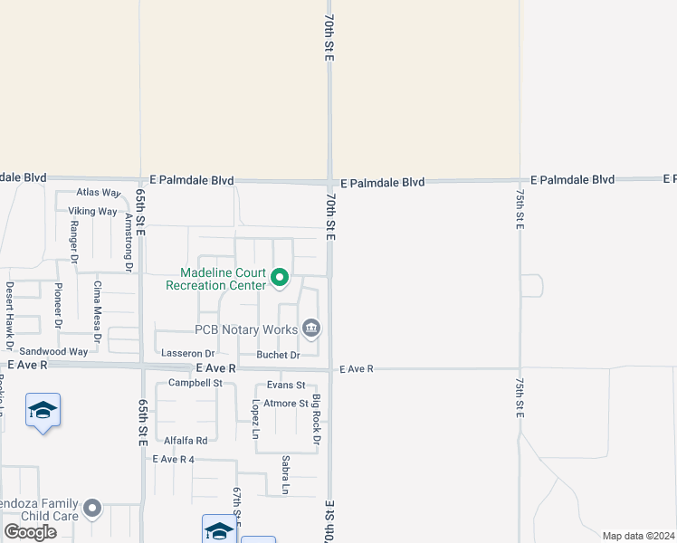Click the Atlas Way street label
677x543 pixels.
(99, 193)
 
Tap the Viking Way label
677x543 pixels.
(92, 212)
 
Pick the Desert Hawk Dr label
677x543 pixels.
(10, 315)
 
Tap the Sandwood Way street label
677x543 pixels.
(53, 351)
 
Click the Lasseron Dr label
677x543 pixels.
(187, 353)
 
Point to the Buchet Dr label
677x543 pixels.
(277, 355)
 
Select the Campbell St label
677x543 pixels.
(195, 383)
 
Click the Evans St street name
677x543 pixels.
(286, 386)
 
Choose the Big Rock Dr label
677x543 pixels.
(317, 419)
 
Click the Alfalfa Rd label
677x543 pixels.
(186, 441)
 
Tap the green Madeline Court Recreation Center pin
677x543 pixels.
(280, 278)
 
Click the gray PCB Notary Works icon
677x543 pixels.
(311, 328)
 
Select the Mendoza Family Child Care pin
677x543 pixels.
(92, 510)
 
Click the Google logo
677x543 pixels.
(30, 532)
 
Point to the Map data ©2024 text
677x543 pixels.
(637, 536)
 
